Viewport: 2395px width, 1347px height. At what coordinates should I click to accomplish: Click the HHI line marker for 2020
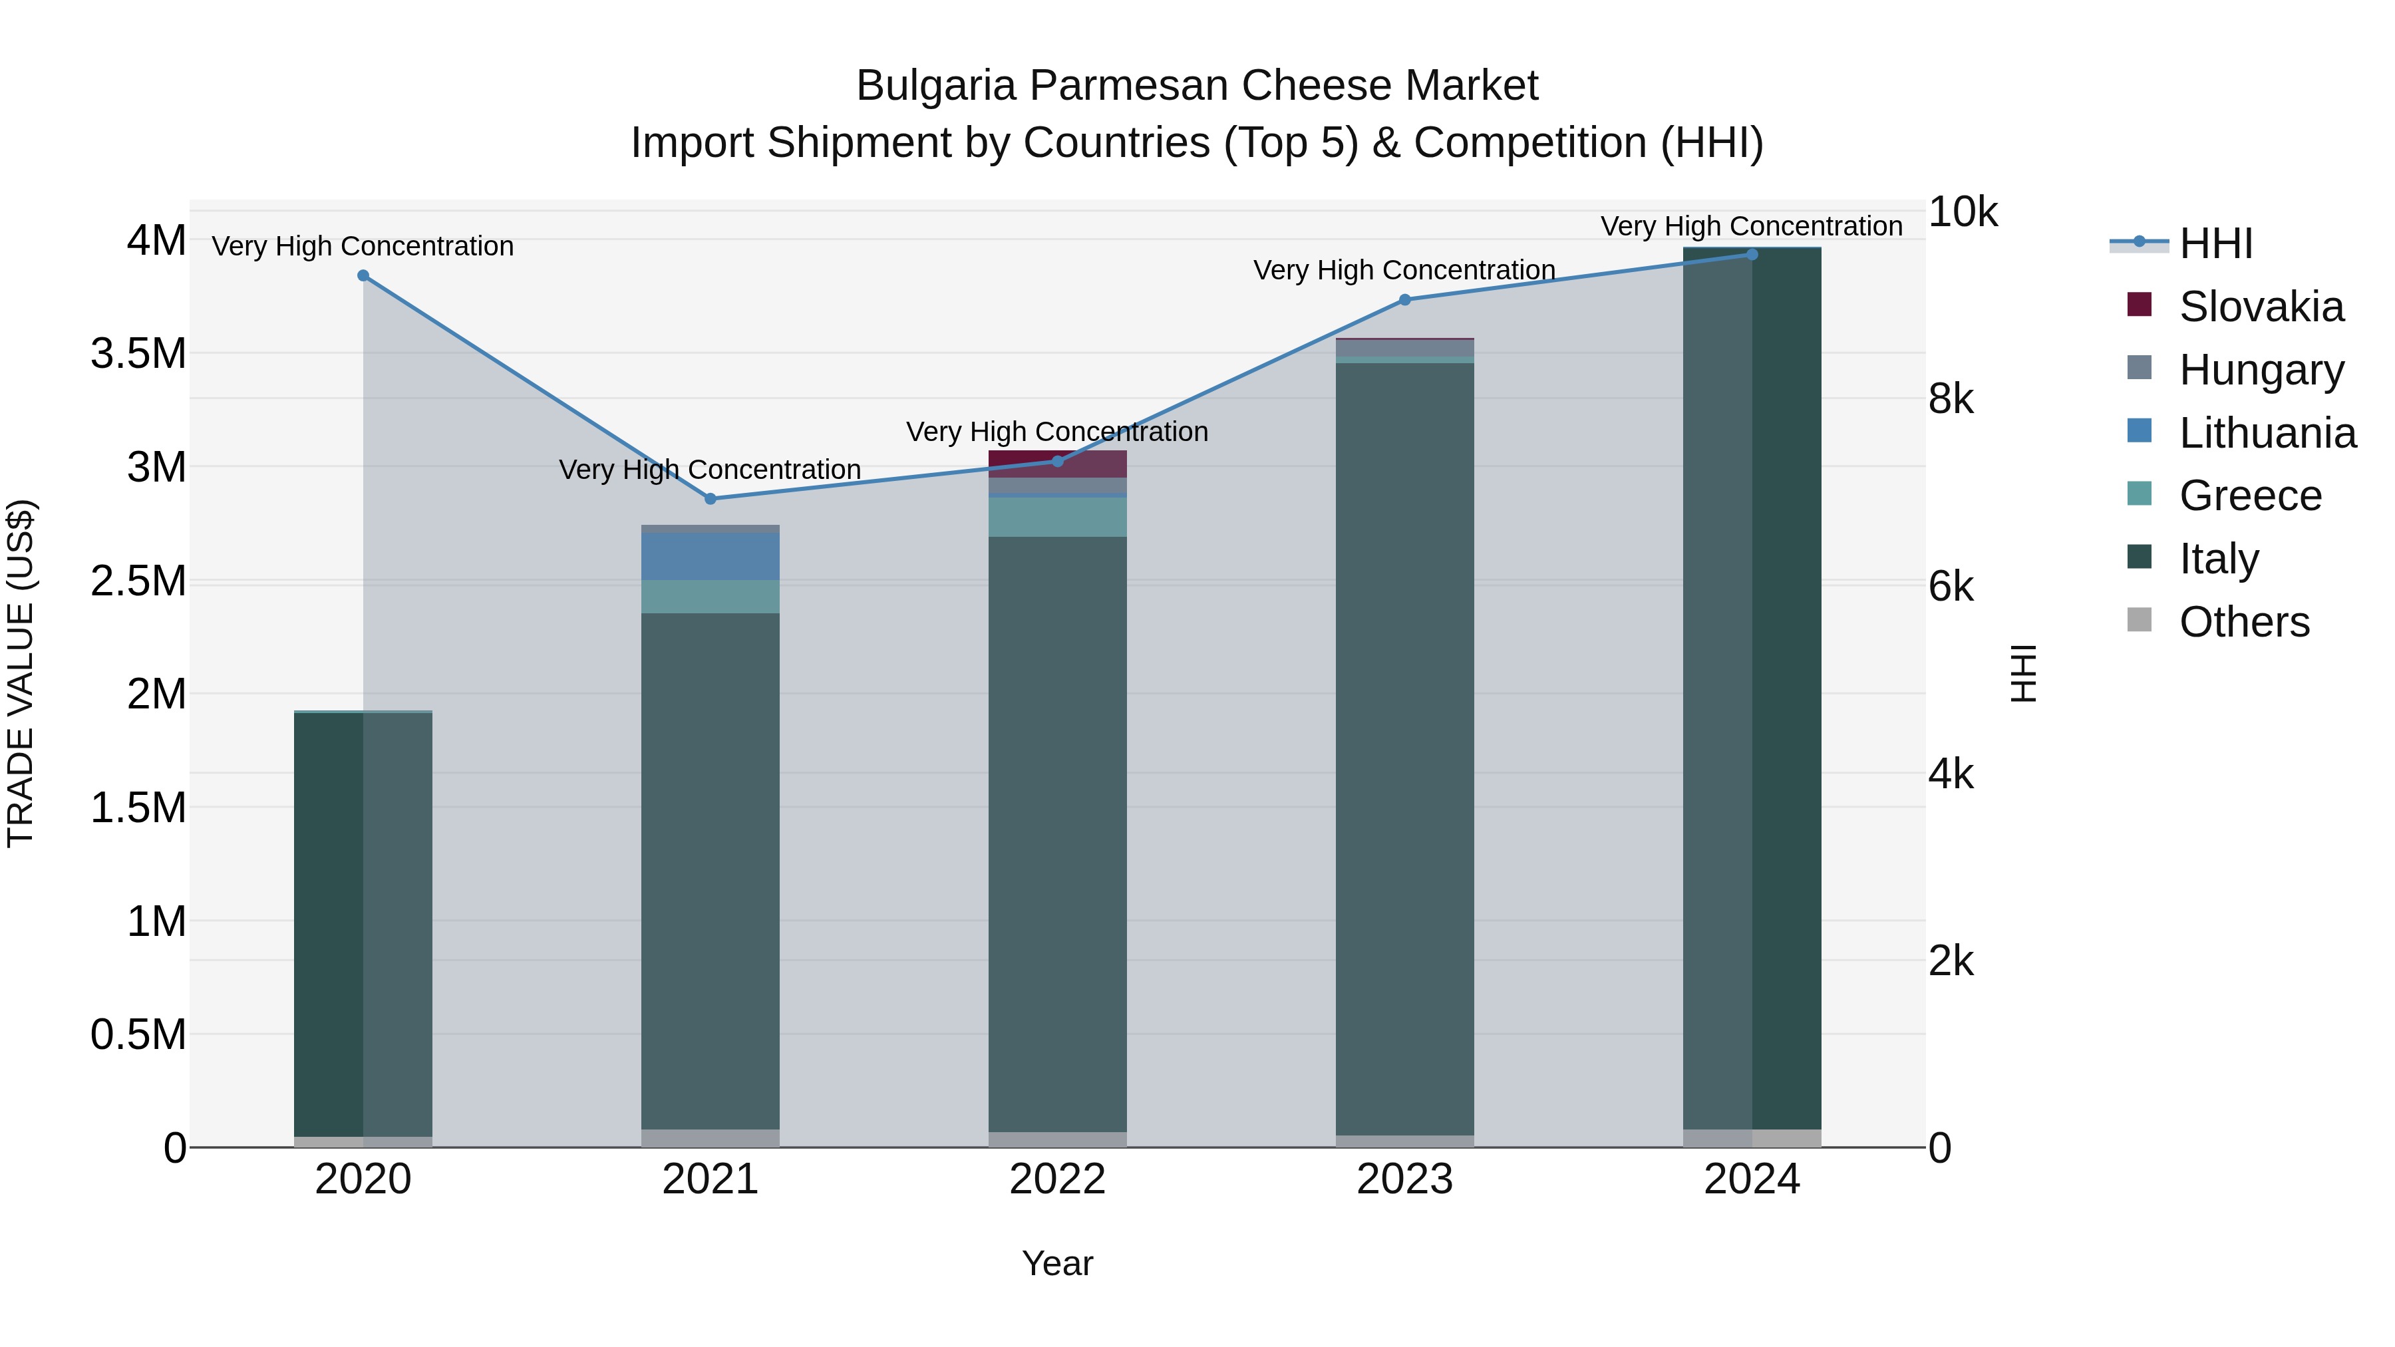[363, 276]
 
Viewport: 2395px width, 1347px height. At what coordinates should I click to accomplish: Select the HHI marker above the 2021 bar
[711, 499]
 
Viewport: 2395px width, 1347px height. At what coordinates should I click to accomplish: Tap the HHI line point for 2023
[1405, 300]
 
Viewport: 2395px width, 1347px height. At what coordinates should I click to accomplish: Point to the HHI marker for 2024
[1752, 255]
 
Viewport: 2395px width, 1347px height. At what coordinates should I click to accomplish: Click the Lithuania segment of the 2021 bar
[711, 557]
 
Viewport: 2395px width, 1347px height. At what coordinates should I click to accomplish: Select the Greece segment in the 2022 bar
[1057, 518]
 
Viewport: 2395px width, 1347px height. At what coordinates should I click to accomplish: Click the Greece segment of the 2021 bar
[711, 597]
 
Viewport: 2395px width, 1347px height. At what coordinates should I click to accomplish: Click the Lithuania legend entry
[2267, 433]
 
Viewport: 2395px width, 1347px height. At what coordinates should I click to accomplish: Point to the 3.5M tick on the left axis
[138, 354]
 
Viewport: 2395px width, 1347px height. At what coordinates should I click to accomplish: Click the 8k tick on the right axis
[1951, 400]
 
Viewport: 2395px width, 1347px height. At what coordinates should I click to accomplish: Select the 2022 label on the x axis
[1057, 1179]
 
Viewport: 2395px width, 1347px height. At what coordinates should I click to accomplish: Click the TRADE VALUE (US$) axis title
[21, 673]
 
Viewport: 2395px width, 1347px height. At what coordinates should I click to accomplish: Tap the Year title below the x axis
[1057, 1263]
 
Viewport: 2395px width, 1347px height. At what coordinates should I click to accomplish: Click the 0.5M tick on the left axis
[138, 1034]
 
